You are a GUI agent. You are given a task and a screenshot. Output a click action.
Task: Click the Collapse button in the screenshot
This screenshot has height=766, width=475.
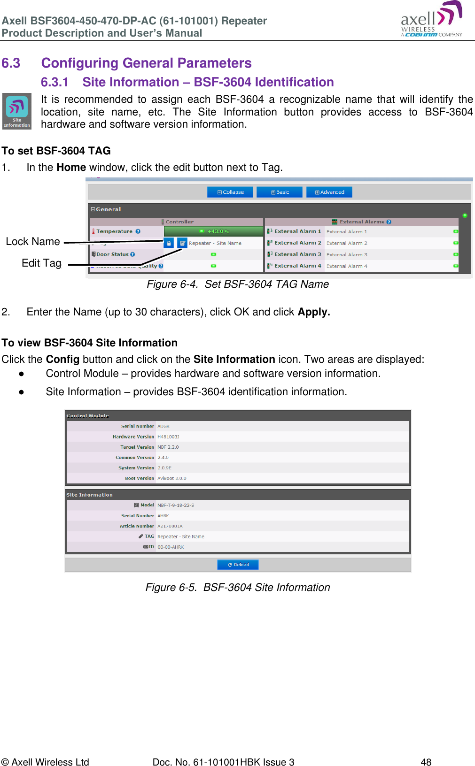[x=230, y=192]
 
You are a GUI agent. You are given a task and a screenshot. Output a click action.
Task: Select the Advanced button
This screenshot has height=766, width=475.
[x=329, y=192]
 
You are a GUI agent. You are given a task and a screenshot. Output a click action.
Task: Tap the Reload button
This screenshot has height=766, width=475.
[x=238, y=565]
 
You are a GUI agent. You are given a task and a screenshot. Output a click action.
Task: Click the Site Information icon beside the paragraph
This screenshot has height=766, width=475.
[x=17, y=111]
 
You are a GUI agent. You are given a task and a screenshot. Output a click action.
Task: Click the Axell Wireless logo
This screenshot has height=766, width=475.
[x=431, y=20]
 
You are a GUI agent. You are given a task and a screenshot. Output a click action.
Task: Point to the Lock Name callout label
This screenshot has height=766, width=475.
[x=33, y=241]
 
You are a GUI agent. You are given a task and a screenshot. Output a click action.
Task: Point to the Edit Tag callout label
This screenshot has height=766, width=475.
[x=41, y=263]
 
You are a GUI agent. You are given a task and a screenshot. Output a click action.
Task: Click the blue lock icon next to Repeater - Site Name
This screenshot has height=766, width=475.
[x=169, y=243]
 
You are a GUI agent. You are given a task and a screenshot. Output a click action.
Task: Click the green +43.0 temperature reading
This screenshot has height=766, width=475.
[x=214, y=231]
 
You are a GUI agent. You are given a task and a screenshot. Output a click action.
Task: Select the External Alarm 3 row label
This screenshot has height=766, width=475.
[x=297, y=254]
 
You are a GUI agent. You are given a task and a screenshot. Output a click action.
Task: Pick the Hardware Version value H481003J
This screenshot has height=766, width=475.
[x=168, y=437]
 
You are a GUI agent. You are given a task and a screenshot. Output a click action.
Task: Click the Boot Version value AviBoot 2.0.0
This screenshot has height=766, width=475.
[x=171, y=478]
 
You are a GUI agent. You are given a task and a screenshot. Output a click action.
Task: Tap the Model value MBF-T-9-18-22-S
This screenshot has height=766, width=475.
[x=175, y=505]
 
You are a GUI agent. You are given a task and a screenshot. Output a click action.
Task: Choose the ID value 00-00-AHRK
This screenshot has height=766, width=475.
[x=171, y=547]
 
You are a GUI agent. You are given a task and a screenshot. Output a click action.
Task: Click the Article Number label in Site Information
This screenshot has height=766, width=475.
[x=137, y=526]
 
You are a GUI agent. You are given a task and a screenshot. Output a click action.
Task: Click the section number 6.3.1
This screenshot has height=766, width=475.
[x=55, y=82]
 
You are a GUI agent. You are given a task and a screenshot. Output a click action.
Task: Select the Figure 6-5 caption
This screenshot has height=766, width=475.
[x=237, y=587]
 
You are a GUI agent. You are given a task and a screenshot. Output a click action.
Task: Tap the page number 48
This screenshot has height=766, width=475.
[x=426, y=762]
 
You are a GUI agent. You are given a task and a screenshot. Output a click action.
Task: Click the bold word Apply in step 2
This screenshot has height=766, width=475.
[x=313, y=312]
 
